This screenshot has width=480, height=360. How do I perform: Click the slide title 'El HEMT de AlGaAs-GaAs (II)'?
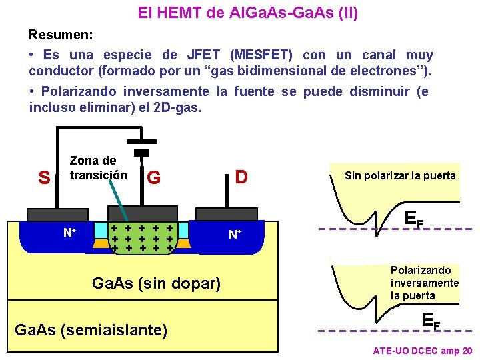[x=247, y=13]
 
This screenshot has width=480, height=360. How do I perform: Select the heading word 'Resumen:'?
[x=61, y=34]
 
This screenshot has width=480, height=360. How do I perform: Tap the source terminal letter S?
[x=44, y=178]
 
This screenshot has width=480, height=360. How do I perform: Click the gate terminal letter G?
[x=153, y=178]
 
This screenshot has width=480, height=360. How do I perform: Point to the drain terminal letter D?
[x=241, y=177]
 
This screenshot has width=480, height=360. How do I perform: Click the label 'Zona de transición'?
[x=98, y=168]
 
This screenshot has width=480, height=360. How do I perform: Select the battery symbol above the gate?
[x=141, y=146]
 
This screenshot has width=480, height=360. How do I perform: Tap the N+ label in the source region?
[x=69, y=233]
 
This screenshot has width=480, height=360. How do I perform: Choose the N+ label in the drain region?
[x=235, y=234]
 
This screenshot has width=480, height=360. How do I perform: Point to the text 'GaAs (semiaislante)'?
[x=91, y=329]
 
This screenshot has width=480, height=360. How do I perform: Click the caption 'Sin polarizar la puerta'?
[x=400, y=176]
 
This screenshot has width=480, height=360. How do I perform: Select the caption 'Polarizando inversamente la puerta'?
[x=424, y=283]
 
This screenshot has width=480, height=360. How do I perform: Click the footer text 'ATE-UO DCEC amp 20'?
[x=423, y=351]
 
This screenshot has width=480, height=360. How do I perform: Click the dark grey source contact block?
[x=57, y=214]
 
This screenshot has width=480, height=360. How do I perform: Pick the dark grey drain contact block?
[x=227, y=213]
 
